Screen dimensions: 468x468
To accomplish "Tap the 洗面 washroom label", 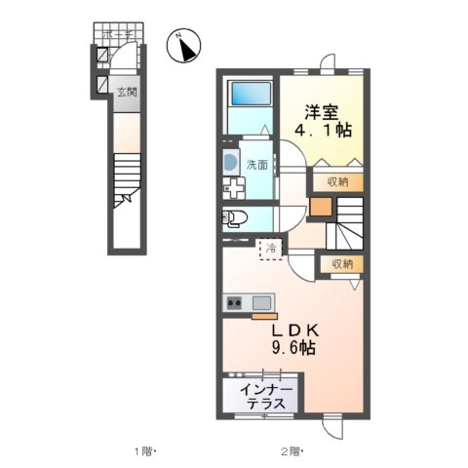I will pyautogui.click(x=256, y=165).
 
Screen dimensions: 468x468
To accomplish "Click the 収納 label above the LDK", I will pyautogui.click(x=341, y=264).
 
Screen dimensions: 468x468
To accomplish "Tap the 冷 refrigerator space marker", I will pyautogui.click(x=272, y=251).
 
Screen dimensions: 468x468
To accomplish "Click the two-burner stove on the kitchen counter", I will pyautogui.click(x=235, y=302).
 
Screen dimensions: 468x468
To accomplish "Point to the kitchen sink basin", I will pyautogui.click(x=261, y=302).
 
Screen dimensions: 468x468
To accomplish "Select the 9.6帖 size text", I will pyautogui.click(x=292, y=347).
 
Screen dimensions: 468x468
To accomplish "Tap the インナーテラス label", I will pyautogui.click(x=265, y=398).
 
